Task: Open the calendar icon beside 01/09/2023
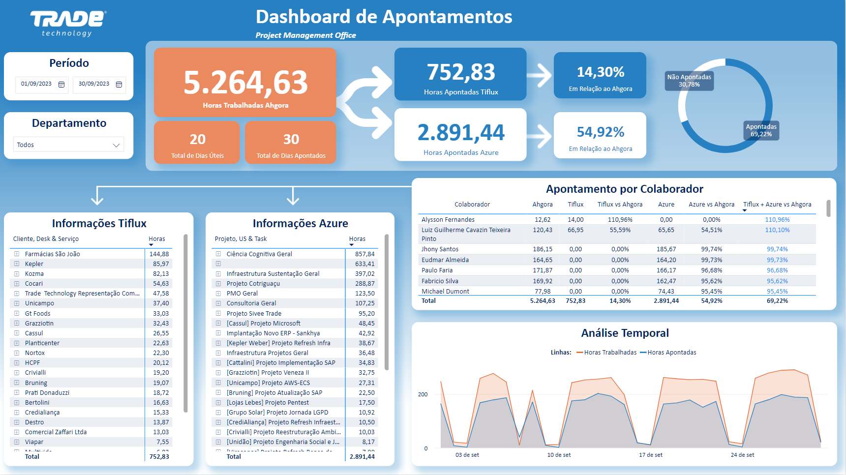coord(61,85)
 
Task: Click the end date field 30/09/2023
coord(94,84)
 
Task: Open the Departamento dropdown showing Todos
coord(68,145)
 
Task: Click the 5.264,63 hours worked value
coord(245,82)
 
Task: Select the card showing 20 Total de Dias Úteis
coord(197,143)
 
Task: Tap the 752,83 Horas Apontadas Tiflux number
coord(461,72)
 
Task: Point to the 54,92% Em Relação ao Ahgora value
coord(600,132)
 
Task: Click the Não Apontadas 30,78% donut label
coord(689,81)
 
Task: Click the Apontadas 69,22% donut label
coord(761,130)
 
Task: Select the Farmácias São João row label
coord(52,254)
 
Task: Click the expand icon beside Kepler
coord(17,264)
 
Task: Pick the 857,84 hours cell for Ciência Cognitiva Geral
coord(364,254)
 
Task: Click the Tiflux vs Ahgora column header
coord(620,205)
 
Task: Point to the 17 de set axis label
coord(650,455)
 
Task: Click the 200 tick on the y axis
coord(423,394)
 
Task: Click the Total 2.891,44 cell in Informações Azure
coord(362,457)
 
